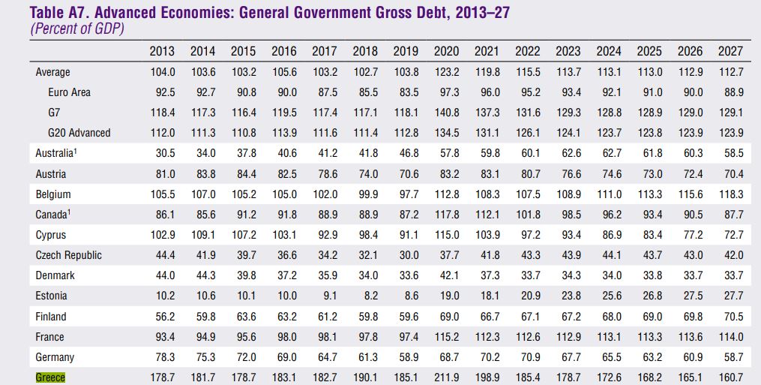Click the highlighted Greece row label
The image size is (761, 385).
click(x=50, y=377)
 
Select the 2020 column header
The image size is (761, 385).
click(x=447, y=51)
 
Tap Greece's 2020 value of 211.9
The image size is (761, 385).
click(x=447, y=377)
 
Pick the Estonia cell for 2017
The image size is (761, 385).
click(x=325, y=296)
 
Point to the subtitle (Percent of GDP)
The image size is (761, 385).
click(x=76, y=29)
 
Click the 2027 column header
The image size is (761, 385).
click(x=730, y=51)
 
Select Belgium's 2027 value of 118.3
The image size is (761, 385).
click(x=730, y=194)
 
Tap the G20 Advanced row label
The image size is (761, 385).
click(x=79, y=133)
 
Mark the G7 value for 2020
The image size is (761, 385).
click(x=447, y=113)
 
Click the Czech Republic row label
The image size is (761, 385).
click(x=68, y=255)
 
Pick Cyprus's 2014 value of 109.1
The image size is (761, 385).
click(x=202, y=235)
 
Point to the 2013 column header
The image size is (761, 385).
click(x=162, y=51)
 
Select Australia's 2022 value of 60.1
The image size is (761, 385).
click(x=528, y=153)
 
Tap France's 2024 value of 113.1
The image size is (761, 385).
click(x=609, y=337)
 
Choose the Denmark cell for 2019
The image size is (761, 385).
click(x=406, y=275)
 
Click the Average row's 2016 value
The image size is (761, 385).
click(x=284, y=72)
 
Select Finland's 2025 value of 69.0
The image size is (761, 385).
click(x=649, y=317)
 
